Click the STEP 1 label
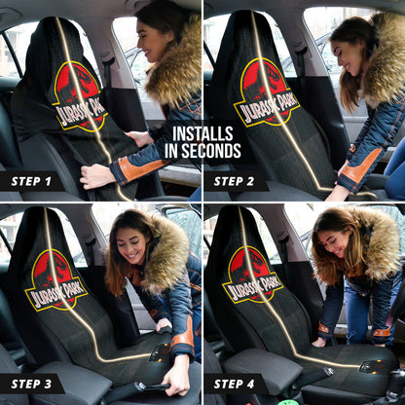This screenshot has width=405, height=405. click(x=31, y=181)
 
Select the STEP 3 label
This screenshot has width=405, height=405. click(x=31, y=383)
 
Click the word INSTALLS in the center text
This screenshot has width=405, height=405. click(x=202, y=134)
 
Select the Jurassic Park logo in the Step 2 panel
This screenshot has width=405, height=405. click(x=265, y=91)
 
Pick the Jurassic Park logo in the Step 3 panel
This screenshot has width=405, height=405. click(x=56, y=277)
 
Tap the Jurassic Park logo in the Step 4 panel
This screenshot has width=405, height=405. click(x=252, y=274)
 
